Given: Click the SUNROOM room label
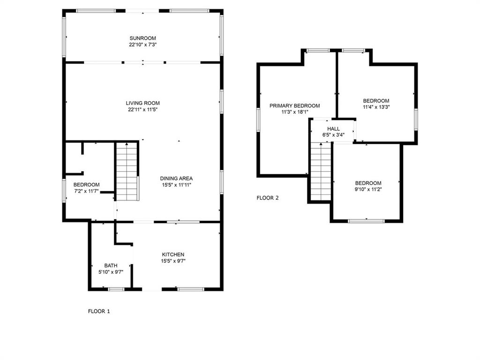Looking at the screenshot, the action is [x=142, y=38].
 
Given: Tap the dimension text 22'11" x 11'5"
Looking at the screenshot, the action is [x=142, y=110].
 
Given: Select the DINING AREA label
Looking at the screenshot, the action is [x=176, y=179].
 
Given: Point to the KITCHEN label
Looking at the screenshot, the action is [x=173, y=255].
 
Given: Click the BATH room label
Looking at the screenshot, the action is [x=111, y=265].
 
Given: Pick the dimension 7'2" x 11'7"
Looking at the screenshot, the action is [x=86, y=191].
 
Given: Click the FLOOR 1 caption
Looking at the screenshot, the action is [x=99, y=311].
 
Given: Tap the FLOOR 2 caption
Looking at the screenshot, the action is [x=268, y=198].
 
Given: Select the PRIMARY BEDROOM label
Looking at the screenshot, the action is [x=294, y=105].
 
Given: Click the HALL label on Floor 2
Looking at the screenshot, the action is [x=333, y=129].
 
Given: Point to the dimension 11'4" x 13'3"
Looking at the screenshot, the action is [x=376, y=107].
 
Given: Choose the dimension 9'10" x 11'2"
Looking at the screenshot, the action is [x=368, y=189].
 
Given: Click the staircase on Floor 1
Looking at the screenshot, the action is [x=127, y=172].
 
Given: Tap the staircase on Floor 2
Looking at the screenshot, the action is [x=321, y=172].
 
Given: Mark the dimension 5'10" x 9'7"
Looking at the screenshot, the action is [x=111, y=272].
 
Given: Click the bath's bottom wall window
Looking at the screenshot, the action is [x=116, y=289].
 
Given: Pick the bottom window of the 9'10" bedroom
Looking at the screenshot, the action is [x=367, y=221].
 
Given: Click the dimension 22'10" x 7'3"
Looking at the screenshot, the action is [x=142, y=45].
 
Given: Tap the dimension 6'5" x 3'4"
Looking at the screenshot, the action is [x=333, y=135].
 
